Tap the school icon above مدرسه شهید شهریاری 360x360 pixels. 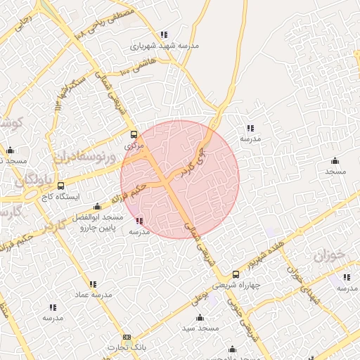coord(164,34)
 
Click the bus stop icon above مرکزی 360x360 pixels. coord(134,135)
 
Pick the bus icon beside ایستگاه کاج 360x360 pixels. coord(60,186)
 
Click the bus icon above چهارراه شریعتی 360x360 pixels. coord(235,274)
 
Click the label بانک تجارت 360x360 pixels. coord(126,347)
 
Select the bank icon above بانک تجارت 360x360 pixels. coord(127,337)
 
